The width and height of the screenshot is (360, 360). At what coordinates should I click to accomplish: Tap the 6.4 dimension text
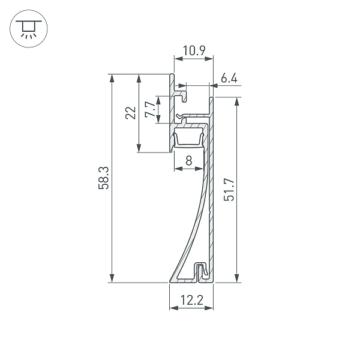coord(229,77)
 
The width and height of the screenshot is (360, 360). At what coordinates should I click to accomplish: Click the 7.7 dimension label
coord(149,110)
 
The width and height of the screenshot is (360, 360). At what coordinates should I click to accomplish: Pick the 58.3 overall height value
coord(103,178)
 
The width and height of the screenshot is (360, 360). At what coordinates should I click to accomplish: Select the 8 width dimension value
coord(189,160)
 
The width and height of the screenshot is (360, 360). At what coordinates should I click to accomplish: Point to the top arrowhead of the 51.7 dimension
coord(237,101)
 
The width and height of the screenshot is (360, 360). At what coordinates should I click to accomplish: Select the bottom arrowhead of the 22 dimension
coord(139,148)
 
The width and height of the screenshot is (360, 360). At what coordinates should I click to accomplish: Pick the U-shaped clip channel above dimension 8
coord(188,139)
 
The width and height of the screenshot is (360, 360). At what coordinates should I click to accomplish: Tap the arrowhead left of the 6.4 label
coord(214,86)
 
